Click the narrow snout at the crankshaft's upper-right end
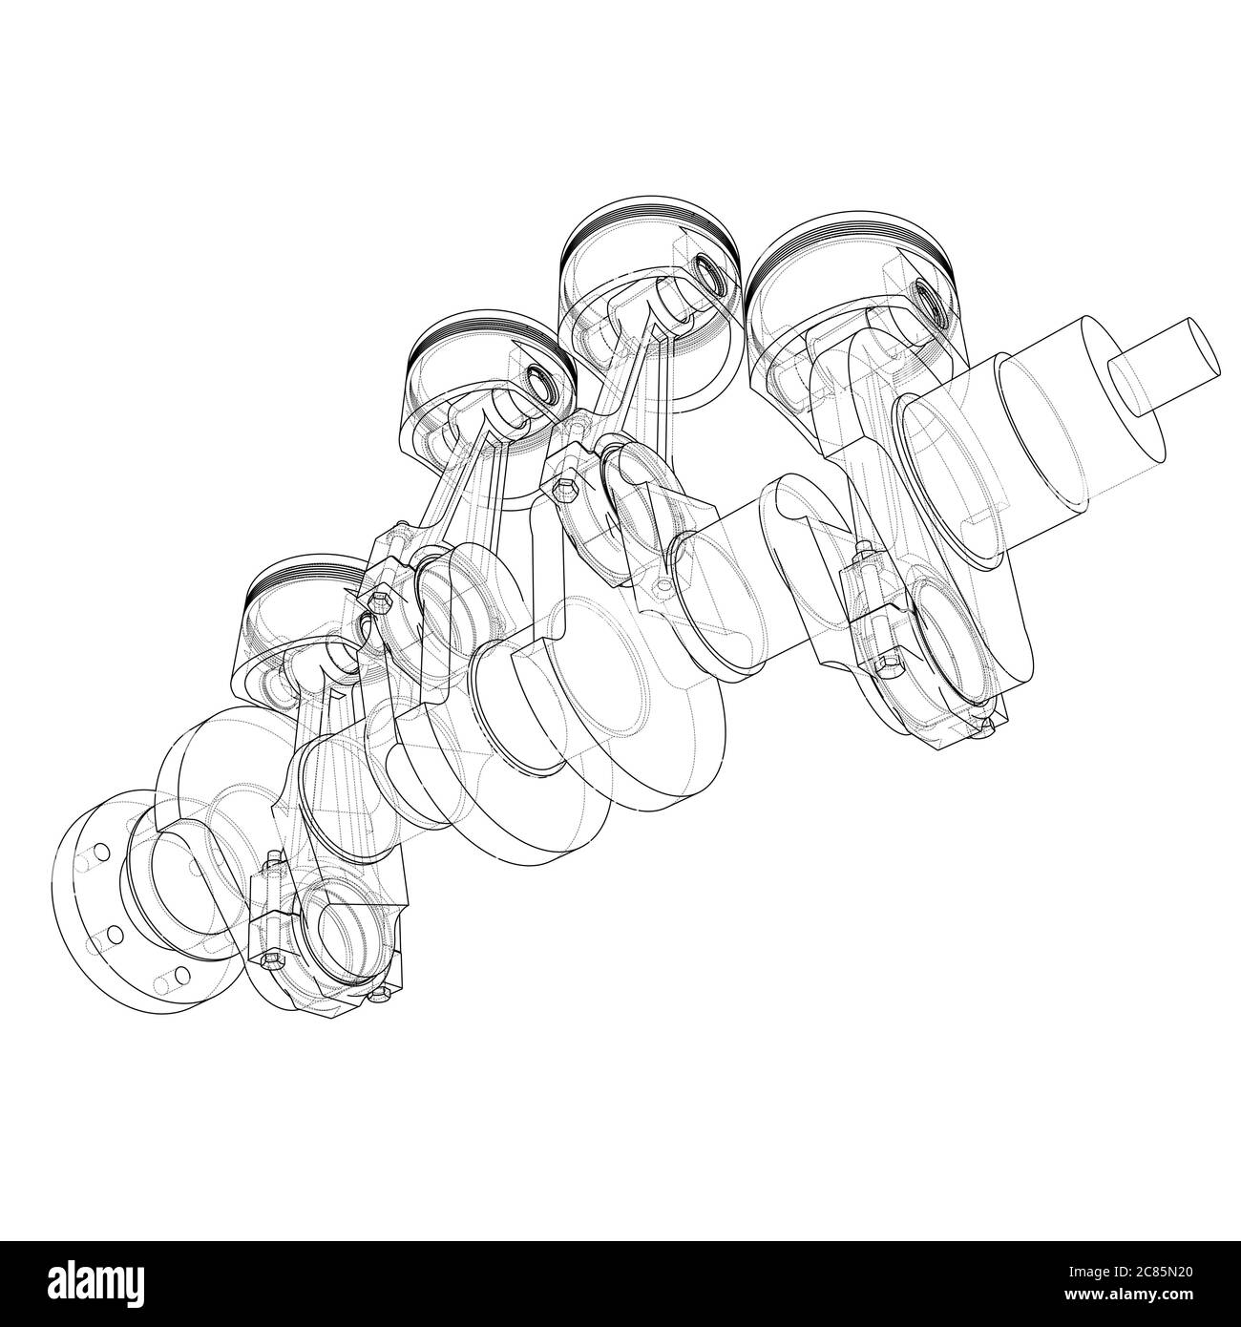[x=1165, y=368]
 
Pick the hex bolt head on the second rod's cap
[x=381, y=603]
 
